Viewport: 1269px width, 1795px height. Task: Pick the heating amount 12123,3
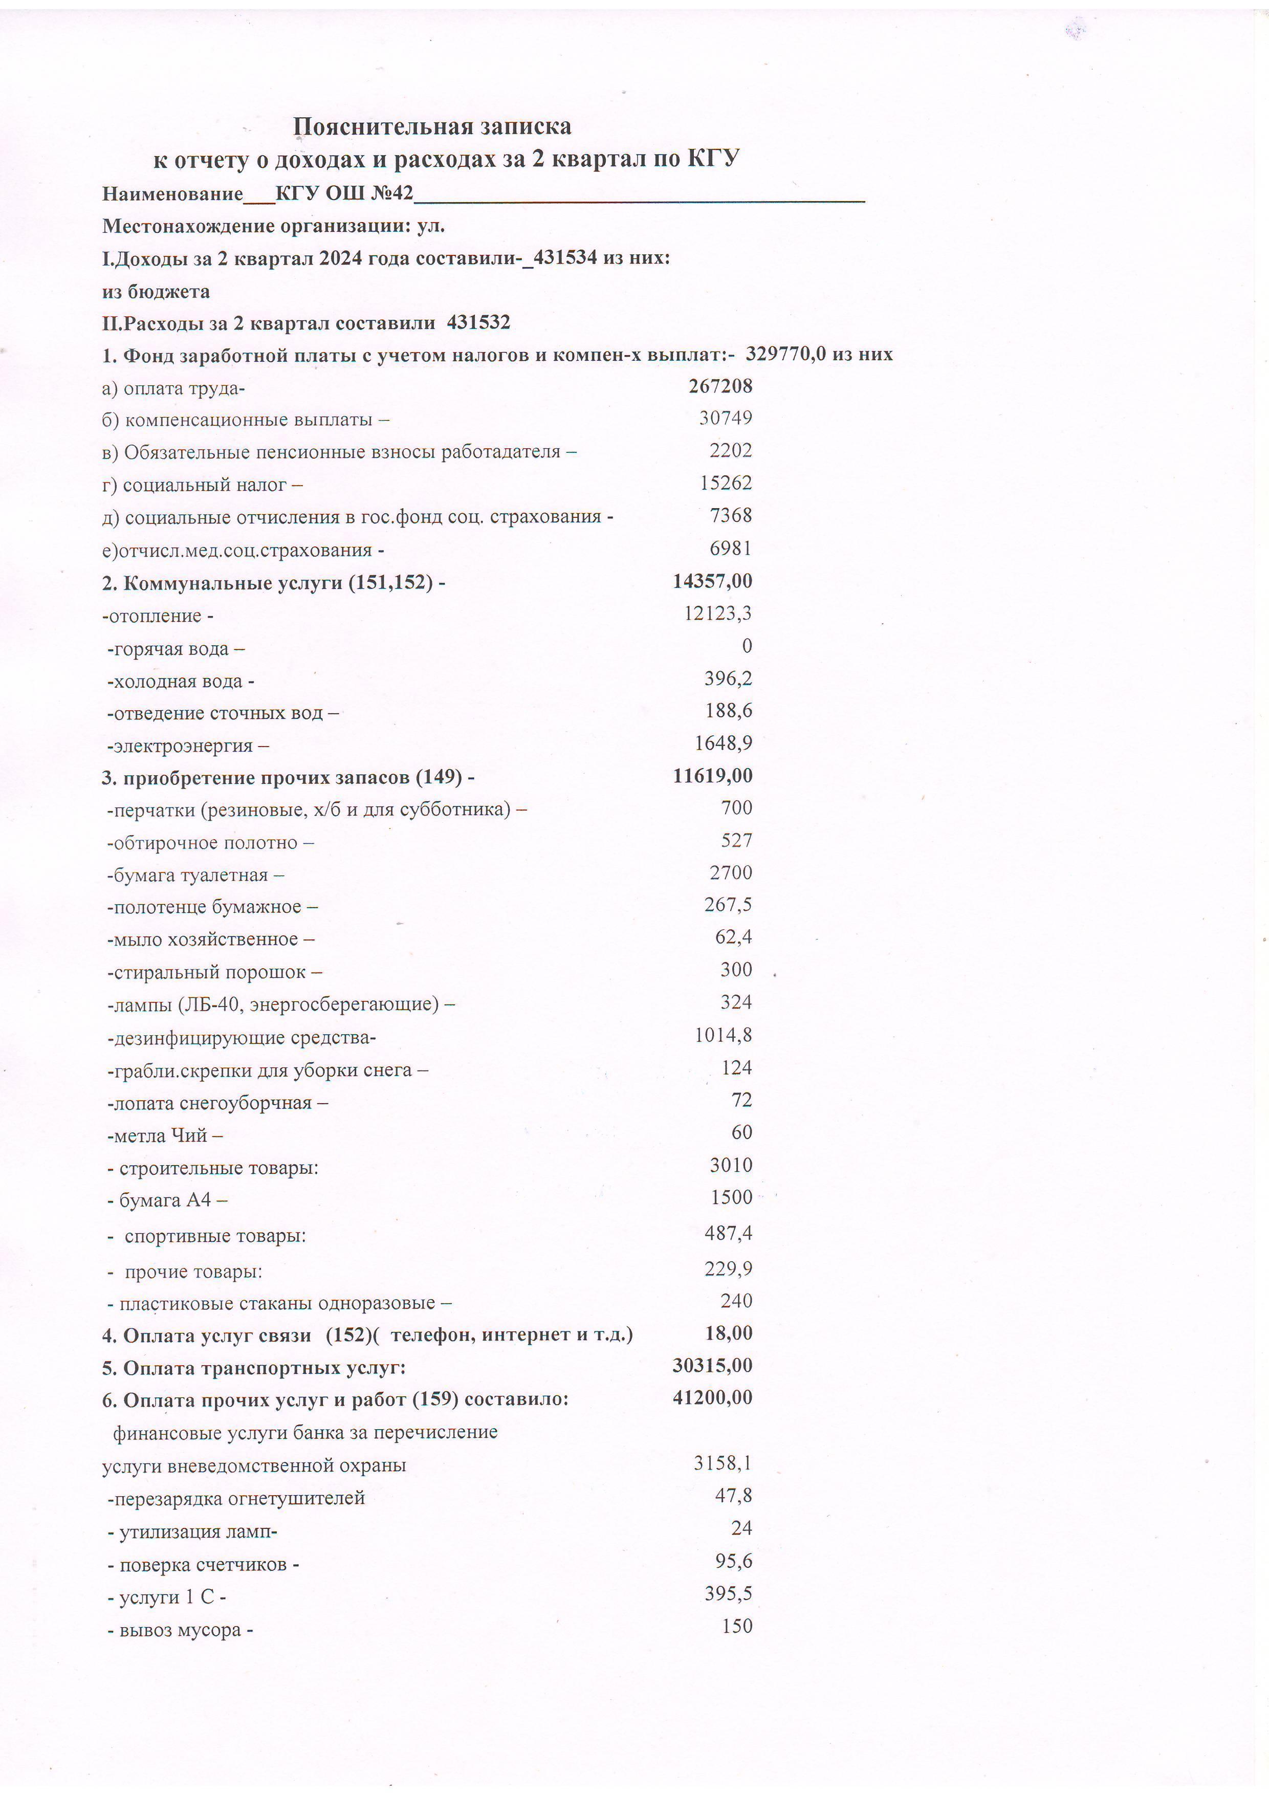click(x=718, y=613)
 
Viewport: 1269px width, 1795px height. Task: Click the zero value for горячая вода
click(x=747, y=646)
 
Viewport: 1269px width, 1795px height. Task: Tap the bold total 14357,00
click(x=712, y=581)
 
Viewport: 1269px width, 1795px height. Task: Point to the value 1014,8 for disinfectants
click(x=723, y=1035)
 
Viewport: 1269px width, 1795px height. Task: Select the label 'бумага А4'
click(x=165, y=1199)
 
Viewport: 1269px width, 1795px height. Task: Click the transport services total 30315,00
click(x=712, y=1365)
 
